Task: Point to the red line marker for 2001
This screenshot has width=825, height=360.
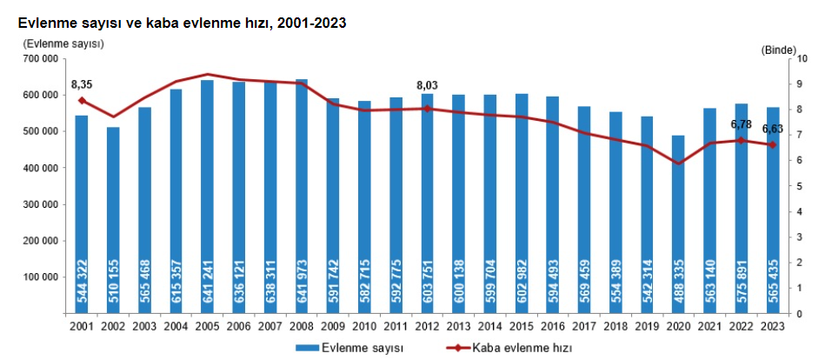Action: [x=82, y=101]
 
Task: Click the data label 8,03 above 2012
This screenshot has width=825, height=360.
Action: [x=428, y=85]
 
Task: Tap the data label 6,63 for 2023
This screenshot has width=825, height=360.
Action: [x=773, y=130]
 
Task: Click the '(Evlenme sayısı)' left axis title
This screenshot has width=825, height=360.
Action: [x=64, y=43]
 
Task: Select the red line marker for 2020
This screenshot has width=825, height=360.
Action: [x=679, y=163]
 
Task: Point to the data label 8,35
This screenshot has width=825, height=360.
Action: [x=82, y=84]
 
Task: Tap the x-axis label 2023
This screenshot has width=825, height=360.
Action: [x=773, y=325]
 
